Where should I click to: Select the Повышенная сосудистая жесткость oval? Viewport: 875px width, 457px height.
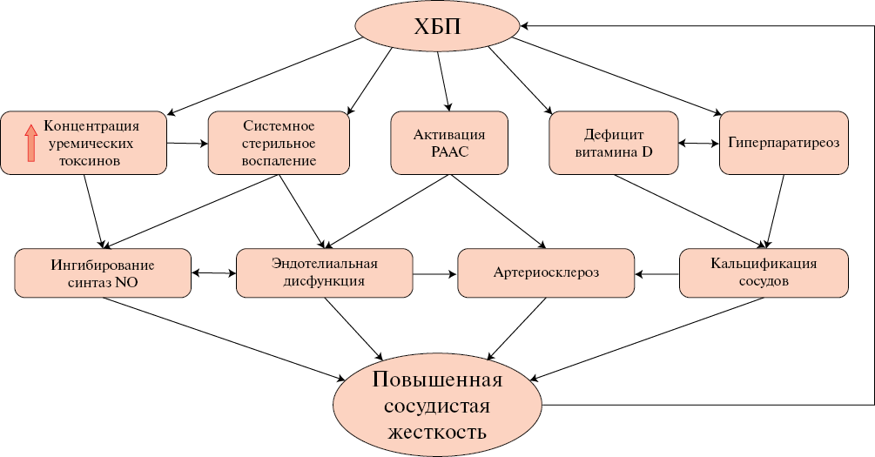click(x=438, y=405)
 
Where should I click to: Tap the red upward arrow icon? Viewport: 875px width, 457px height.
click(x=30, y=143)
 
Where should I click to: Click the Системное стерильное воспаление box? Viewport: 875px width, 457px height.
click(x=279, y=143)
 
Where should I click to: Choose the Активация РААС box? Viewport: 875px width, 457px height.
click(x=449, y=143)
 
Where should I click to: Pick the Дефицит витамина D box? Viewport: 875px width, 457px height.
click(x=612, y=143)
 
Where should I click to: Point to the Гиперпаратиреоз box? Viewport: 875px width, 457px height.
click(x=784, y=143)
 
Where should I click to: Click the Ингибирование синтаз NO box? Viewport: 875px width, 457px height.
click(x=103, y=272)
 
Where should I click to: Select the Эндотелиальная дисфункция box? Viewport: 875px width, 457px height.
click(x=324, y=272)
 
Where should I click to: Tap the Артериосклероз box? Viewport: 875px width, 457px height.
click(x=546, y=272)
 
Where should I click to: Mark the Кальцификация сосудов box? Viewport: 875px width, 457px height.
click(x=763, y=272)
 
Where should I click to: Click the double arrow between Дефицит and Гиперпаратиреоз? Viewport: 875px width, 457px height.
click(x=698, y=143)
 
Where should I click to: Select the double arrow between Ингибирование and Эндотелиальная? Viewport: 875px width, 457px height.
click(x=213, y=273)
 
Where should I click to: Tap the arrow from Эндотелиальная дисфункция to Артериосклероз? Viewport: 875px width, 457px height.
click(x=435, y=273)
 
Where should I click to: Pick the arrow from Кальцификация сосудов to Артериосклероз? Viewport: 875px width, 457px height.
click(x=656, y=273)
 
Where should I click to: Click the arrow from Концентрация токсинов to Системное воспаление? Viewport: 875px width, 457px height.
click(x=187, y=143)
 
